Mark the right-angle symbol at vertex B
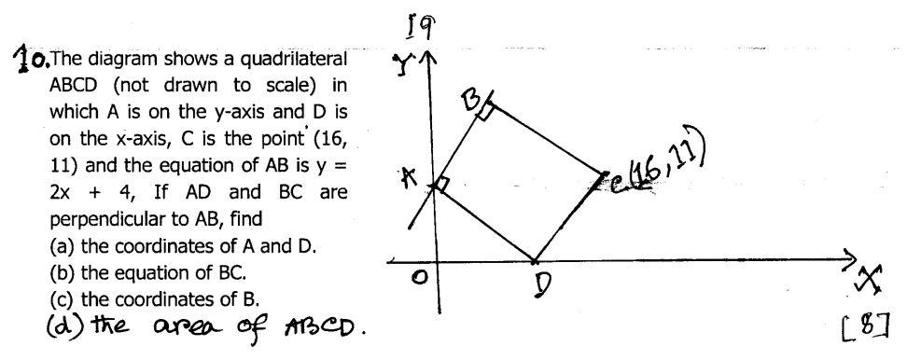point(487,111)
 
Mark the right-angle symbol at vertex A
point(441,186)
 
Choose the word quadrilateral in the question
point(292,60)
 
